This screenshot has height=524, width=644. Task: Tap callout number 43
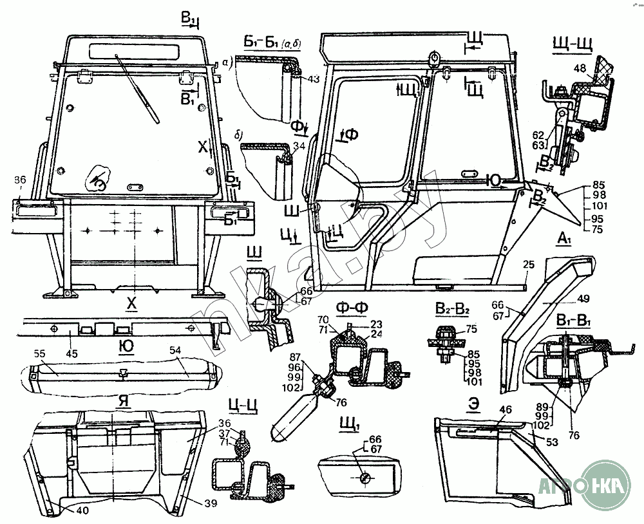click(x=314, y=79)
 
